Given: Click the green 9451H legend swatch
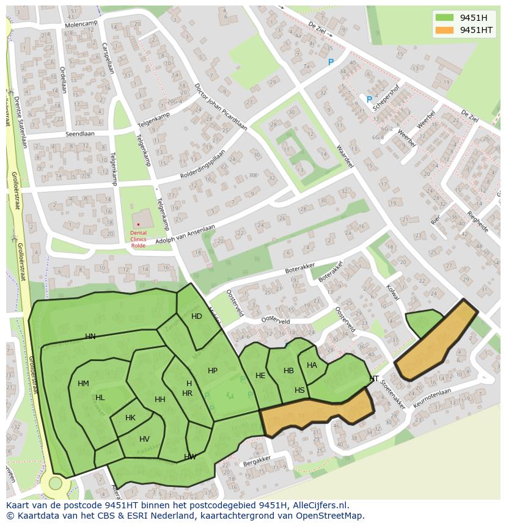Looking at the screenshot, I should pos(444,18).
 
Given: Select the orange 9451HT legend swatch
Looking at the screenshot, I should pos(444,30).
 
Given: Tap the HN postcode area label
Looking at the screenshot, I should pos(90,337).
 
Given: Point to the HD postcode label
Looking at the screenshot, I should pos(196,316).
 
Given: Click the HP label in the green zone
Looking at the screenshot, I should pos(213,371).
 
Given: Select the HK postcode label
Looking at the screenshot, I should pos(130,418).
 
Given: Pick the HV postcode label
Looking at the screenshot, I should pos(144,439).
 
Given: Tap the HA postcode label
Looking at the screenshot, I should pos(312,365).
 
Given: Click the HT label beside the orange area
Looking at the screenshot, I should pos(374,379).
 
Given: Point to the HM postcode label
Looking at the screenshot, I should pos(83,384).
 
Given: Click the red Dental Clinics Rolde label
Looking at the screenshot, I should pos(138,239).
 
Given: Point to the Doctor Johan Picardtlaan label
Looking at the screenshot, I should pos(220,106).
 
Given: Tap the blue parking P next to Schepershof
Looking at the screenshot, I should pos(369,100).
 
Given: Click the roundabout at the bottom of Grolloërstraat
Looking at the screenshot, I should pos(56,483).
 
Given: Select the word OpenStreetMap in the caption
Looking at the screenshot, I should pos(330,516).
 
